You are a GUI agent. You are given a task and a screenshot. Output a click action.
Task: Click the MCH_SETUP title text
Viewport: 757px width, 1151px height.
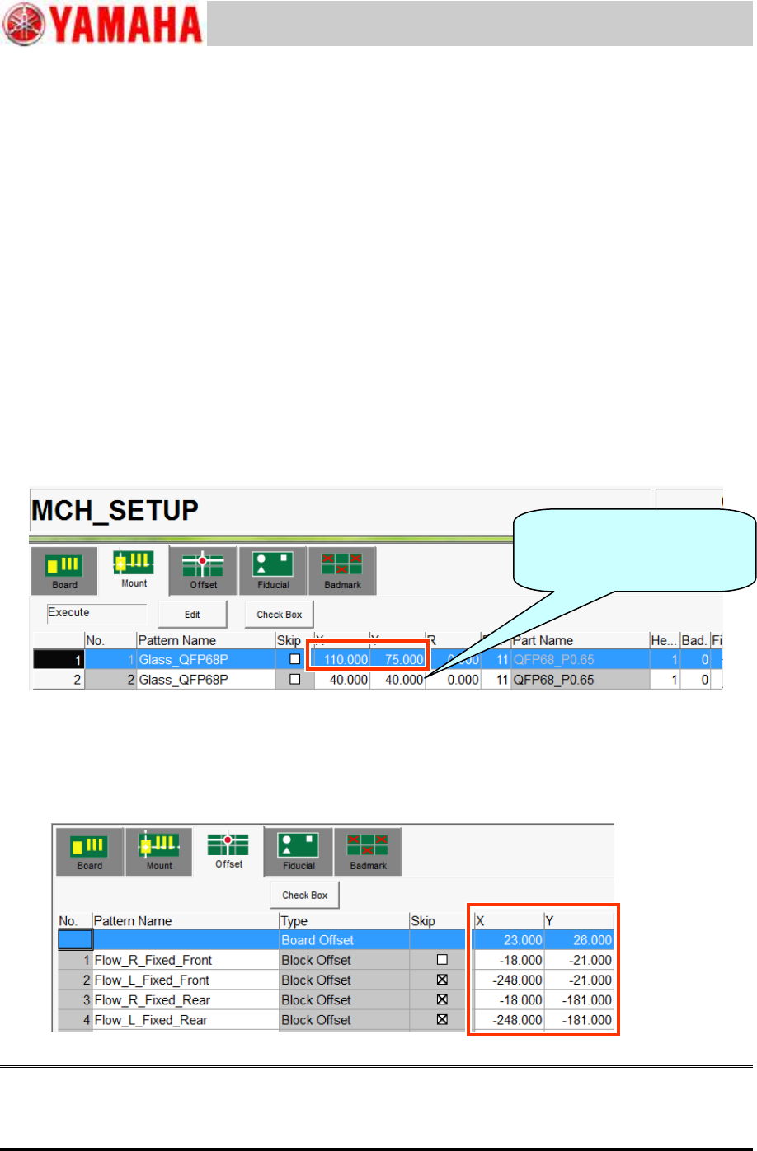point(115,511)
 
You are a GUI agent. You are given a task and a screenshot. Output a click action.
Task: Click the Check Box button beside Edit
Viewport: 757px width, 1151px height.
point(280,615)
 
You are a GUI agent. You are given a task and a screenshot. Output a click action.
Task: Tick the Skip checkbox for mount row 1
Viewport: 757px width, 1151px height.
point(294,659)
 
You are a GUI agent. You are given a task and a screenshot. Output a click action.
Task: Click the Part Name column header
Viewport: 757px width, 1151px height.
point(543,640)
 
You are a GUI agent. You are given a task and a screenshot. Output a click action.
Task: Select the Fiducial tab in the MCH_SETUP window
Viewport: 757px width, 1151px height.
point(273,571)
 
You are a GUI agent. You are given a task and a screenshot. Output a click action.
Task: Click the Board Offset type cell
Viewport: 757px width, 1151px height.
point(317,940)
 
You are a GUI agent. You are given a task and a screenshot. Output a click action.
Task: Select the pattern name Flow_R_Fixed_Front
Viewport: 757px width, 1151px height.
point(153,960)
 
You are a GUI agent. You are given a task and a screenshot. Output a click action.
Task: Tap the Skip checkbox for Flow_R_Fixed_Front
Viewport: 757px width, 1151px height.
point(442,960)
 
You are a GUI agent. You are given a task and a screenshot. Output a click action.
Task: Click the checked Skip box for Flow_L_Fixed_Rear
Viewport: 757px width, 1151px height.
point(442,1020)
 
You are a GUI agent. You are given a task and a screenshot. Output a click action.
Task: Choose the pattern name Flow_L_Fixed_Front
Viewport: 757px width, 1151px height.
point(152,980)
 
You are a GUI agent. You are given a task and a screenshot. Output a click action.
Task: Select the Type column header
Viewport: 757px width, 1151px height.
point(294,921)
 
